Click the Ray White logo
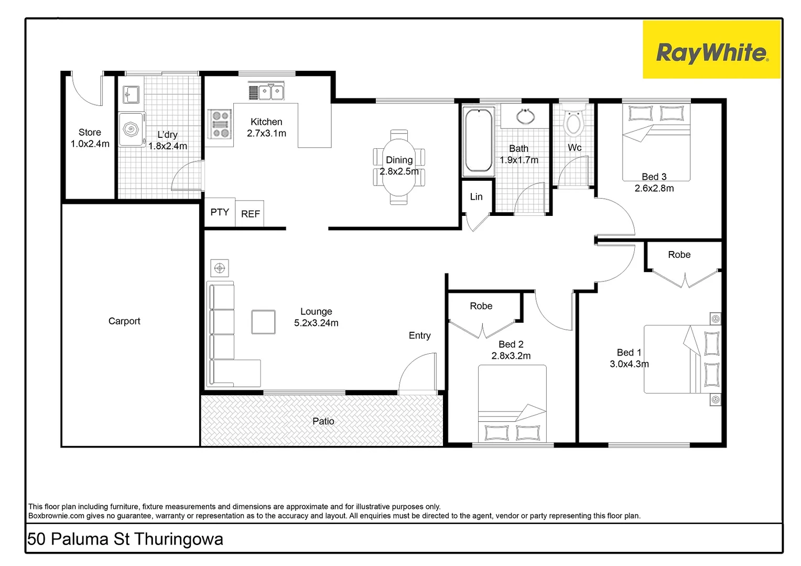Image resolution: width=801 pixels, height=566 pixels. tap(711, 50)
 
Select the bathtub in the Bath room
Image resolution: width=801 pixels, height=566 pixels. tap(478, 141)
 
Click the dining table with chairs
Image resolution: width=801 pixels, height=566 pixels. tap(399, 167)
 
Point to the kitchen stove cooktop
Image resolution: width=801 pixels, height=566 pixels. tap(220, 124)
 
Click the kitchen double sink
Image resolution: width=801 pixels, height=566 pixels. tap(266, 92)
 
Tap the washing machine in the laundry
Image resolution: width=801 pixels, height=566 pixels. tap(131, 128)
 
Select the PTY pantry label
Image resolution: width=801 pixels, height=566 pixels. tap(220, 212)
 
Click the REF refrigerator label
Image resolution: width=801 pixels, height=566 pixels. tap(250, 214)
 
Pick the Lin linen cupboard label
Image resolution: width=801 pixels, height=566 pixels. tap(476, 197)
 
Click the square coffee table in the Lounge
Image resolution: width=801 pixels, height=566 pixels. tap(263, 322)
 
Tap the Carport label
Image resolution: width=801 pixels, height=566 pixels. tap(124, 321)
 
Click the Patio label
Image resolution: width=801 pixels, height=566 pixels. tap(323, 421)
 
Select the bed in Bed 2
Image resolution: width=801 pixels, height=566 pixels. tap(512, 404)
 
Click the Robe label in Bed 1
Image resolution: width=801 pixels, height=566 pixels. tap(679, 255)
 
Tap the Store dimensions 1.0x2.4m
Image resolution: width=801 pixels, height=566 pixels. tap(90, 144)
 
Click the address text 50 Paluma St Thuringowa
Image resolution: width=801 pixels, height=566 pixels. tap(125, 539)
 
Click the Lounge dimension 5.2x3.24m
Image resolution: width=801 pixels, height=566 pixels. tap(316, 323)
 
